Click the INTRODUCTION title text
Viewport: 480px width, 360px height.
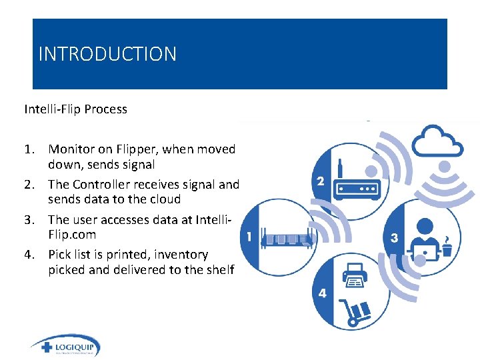pyautogui.click(x=107, y=54)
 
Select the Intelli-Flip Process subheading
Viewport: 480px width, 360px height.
pyautogui.click(x=75, y=109)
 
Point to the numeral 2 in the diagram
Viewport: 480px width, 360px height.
pyautogui.click(x=321, y=181)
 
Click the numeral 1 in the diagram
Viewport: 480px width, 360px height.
pyautogui.click(x=249, y=236)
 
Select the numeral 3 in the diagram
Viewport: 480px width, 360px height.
pyautogui.click(x=395, y=238)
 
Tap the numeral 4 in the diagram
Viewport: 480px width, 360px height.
pyautogui.click(x=323, y=293)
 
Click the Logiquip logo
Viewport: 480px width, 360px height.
pyautogui.click(x=65, y=347)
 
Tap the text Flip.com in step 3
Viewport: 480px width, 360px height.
pyautogui.click(x=72, y=235)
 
